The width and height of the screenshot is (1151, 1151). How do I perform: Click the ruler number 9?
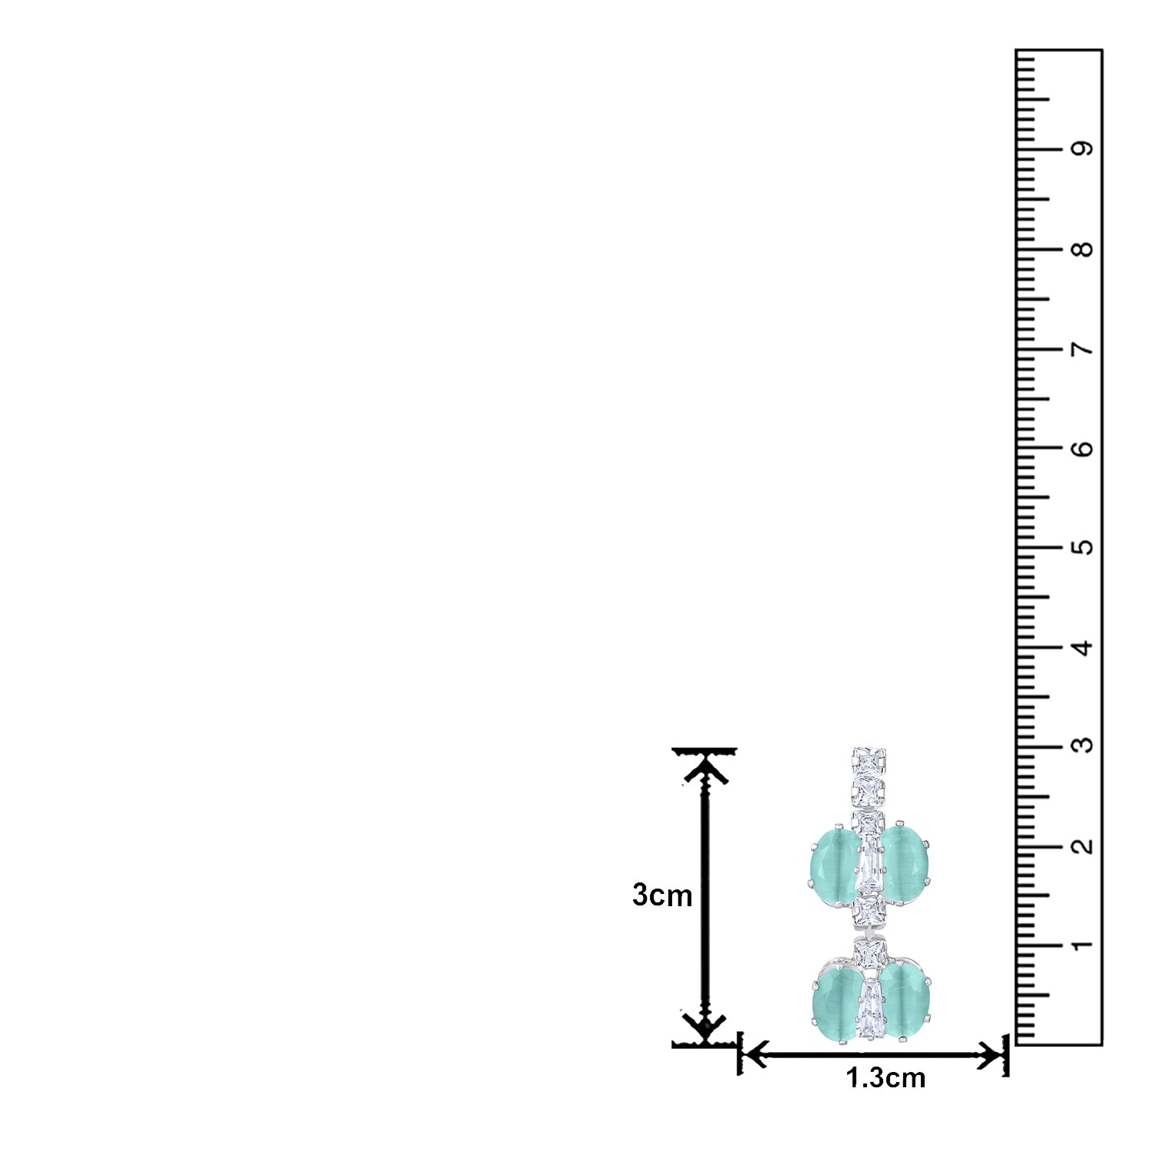click(1083, 149)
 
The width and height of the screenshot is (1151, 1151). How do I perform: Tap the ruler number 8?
click(1083, 249)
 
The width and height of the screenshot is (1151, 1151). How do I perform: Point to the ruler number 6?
click(1083, 449)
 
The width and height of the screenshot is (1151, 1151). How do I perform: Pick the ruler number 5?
click(1083, 548)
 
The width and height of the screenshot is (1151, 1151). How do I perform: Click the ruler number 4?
click(1083, 648)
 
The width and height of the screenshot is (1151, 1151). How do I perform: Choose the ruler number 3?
click(1083, 746)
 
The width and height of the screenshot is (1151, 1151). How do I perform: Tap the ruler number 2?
click(1083, 846)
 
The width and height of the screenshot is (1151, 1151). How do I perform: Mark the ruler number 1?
click(1083, 945)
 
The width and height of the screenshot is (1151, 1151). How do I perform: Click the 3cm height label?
click(662, 895)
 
